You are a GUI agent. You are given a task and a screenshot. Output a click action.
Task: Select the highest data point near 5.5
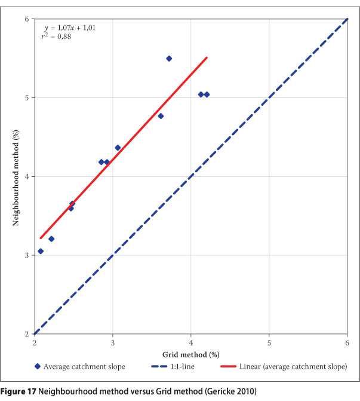[169, 59]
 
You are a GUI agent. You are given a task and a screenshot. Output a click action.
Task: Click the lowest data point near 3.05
[41, 251]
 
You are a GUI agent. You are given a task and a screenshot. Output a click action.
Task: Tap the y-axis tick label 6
[26, 19]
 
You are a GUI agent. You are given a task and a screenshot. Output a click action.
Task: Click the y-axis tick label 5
[26, 98]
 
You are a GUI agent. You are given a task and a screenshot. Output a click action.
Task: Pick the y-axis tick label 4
[26, 177]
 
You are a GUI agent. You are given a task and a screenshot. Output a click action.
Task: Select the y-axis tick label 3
[26, 255]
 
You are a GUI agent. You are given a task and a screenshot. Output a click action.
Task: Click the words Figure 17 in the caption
[20, 391]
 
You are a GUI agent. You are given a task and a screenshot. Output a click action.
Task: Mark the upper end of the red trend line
[207, 57]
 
